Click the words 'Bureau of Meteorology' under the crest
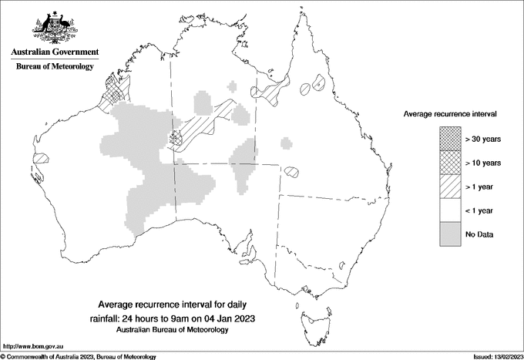[55, 66]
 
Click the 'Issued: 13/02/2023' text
[494, 356]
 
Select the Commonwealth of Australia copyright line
[79, 356]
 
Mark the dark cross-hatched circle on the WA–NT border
[176, 139]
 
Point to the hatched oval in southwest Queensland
[292, 172]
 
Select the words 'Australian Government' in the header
[55, 52]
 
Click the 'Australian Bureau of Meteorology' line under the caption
[173, 330]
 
